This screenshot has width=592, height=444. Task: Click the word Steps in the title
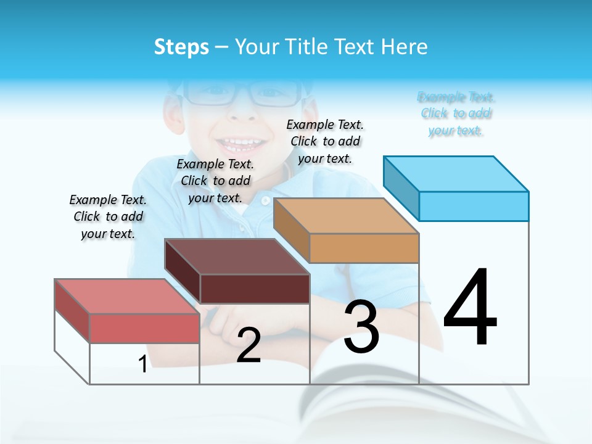click(x=181, y=47)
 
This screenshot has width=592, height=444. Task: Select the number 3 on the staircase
click(x=361, y=327)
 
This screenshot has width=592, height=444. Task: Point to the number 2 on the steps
click(x=249, y=345)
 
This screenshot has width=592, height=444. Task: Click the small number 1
click(x=142, y=364)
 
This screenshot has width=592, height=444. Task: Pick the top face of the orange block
click(x=346, y=216)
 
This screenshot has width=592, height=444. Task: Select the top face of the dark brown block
click(x=237, y=257)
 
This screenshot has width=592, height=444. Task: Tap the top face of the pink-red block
click(x=127, y=296)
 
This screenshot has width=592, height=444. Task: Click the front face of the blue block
click(x=474, y=206)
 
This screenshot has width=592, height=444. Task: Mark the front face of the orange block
click(x=364, y=249)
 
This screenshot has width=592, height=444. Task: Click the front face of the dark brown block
click(x=255, y=289)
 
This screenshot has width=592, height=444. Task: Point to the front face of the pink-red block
click(x=144, y=328)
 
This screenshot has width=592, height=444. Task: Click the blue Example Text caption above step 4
click(x=456, y=113)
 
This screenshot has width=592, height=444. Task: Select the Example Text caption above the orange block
click(x=325, y=141)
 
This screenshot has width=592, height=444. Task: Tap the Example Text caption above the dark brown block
click(x=215, y=181)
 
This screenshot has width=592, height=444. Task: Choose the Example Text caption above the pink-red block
click(x=108, y=216)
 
